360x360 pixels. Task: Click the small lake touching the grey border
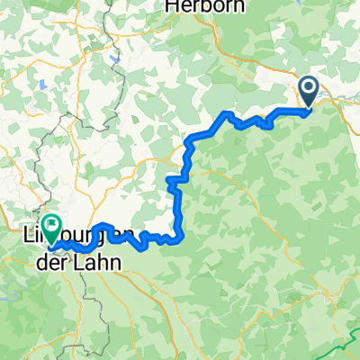click(x=116, y=62)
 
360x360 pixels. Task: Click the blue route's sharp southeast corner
click(x=183, y=238)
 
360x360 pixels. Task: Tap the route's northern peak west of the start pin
click(x=227, y=115)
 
